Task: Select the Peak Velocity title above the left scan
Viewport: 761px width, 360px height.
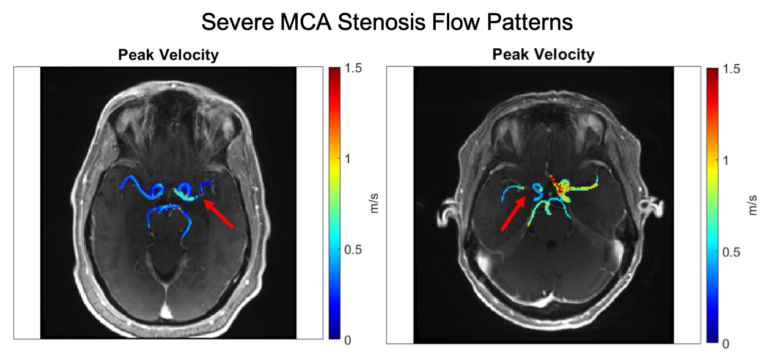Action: tap(168, 55)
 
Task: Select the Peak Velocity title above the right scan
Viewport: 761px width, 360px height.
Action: tap(543, 54)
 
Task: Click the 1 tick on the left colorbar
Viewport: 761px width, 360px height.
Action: tap(349, 159)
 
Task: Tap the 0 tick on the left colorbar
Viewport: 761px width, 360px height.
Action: tap(348, 340)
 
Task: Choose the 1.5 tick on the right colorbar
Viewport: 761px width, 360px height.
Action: tap(731, 70)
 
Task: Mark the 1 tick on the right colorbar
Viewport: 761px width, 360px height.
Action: tap(726, 161)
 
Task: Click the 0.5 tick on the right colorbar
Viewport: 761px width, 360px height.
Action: tap(731, 252)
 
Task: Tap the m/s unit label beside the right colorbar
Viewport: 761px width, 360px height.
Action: tap(752, 207)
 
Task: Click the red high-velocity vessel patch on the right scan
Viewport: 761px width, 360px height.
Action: tap(556, 181)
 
